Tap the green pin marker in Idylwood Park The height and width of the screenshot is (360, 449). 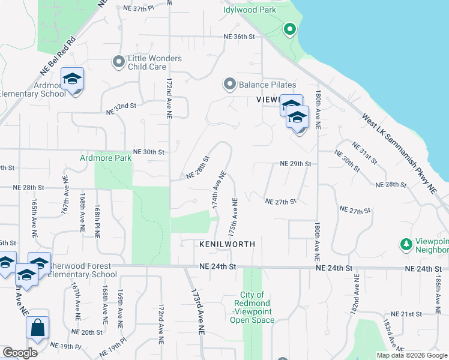pos(289,29)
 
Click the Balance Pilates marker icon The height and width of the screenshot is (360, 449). pos(229,85)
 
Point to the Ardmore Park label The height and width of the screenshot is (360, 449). pos(106,158)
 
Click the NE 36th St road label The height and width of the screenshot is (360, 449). pos(239,37)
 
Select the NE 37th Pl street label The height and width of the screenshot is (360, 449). pos(138,8)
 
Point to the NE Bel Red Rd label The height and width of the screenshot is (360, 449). pos(57,55)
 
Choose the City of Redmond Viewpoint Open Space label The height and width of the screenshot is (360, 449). pos(252,307)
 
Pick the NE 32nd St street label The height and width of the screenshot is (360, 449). pos(121,110)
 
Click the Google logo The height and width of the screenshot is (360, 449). pos(20,353)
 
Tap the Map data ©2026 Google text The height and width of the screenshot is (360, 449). pos(412,355)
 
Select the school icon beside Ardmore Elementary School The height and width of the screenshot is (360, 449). pos(73,80)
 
